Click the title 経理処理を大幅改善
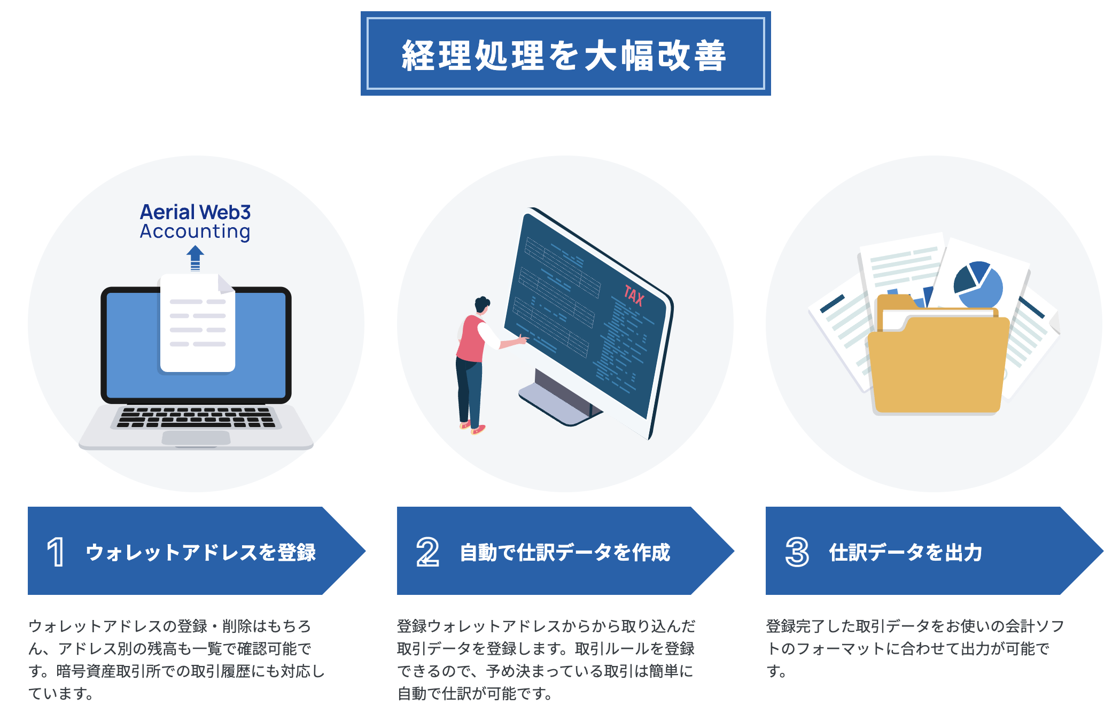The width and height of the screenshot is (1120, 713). click(564, 56)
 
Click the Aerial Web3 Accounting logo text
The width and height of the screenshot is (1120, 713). click(195, 222)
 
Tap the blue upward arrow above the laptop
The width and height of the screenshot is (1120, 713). click(195, 258)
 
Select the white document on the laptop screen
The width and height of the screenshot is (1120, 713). click(197, 323)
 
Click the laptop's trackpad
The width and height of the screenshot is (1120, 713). click(196, 438)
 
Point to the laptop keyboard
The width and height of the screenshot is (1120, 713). click(196, 417)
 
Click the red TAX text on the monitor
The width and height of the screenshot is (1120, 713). click(634, 295)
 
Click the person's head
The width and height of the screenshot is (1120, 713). click(482, 304)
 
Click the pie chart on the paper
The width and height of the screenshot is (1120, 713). click(978, 284)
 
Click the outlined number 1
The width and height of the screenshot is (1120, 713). click(56, 552)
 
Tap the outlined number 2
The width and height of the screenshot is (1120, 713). click(427, 552)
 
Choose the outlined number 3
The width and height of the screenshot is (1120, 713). click(797, 552)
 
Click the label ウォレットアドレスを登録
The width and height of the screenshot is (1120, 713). click(201, 552)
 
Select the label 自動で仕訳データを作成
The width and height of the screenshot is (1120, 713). click(565, 552)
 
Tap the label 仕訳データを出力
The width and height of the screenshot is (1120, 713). click(906, 552)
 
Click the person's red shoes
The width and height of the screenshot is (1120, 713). click(473, 428)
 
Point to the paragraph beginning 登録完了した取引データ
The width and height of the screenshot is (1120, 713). click(915, 648)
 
